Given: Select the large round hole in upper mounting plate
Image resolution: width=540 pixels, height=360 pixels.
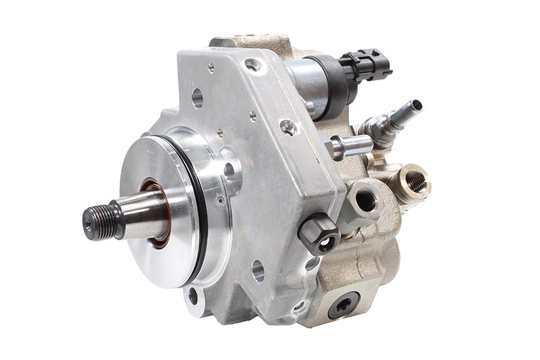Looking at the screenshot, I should point(197,99).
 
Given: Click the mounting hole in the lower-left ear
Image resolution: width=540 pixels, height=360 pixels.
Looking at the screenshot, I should point(193,295).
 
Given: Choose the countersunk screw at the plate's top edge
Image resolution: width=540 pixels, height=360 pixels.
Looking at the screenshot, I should point(253,65).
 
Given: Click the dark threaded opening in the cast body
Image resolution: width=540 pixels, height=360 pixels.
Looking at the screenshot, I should point(365,200).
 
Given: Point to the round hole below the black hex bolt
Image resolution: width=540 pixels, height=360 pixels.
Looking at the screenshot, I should point(257,271).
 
